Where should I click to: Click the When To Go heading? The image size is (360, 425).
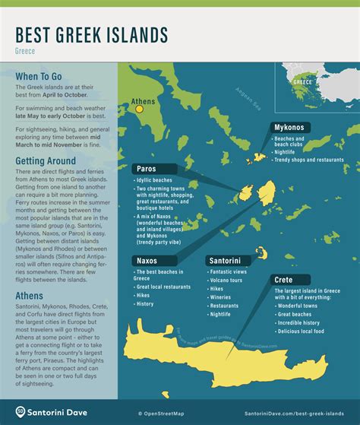[x=42, y=78]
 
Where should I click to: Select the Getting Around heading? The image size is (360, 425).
[x=46, y=161]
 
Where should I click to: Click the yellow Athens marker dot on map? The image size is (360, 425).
[x=139, y=109]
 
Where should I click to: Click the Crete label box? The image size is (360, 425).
[x=283, y=280]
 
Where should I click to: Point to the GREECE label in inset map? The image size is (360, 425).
[x=303, y=80]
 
